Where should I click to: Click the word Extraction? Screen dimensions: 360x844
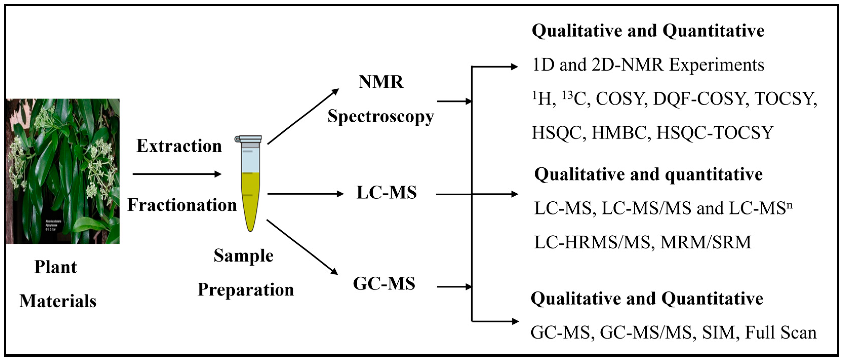tap(179, 146)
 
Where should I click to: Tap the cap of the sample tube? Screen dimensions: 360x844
tap(248, 139)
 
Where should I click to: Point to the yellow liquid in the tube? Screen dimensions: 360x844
tap(251, 200)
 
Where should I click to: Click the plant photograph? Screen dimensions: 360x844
tap(63, 171)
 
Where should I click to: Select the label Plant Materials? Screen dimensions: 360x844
tap(57, 284)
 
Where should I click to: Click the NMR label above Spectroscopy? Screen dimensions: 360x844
tap(381, 82)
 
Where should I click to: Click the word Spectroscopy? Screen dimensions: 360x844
tap(381, 116)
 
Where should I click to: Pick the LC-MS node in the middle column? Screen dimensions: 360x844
tap(387, 193)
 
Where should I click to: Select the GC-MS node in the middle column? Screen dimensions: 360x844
tap(384, 284)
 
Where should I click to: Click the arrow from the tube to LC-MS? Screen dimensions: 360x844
tap(305, 194)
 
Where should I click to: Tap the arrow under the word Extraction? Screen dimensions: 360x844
tap(177, 174)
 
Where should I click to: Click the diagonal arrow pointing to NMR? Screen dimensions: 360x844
tap(303, 116)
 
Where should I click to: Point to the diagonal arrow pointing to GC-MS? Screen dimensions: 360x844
tap(302, 247)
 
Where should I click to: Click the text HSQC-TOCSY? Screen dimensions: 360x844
tap(715, 133)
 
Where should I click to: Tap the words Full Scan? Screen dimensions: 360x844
tap(780, 333)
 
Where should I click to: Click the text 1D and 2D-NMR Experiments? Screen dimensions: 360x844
tap(648, 65)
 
